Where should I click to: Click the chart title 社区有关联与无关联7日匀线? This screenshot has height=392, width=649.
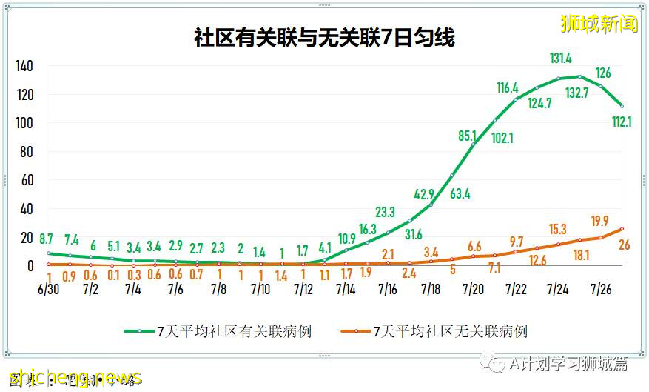pos(324,38)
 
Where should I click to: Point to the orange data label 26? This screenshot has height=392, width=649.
pos(623,245)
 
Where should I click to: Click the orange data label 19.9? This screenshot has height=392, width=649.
pos(599,221)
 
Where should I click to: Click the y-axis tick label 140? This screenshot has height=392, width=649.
pos(24,66)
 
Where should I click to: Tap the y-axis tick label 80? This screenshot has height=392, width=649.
pos(27,152)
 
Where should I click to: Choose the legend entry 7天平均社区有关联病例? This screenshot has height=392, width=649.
pos(218,331)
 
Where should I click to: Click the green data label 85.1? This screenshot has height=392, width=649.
pos(468,136)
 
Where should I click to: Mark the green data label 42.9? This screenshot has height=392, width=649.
pos(423,195)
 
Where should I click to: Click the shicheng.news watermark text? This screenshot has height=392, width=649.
pos(71,377)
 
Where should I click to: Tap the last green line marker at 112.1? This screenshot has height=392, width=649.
pos(622,106)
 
